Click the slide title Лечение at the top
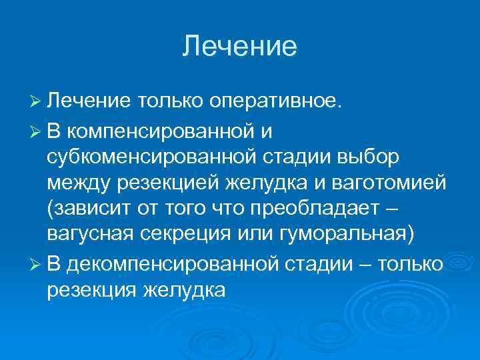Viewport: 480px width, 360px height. coord(239,46)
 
